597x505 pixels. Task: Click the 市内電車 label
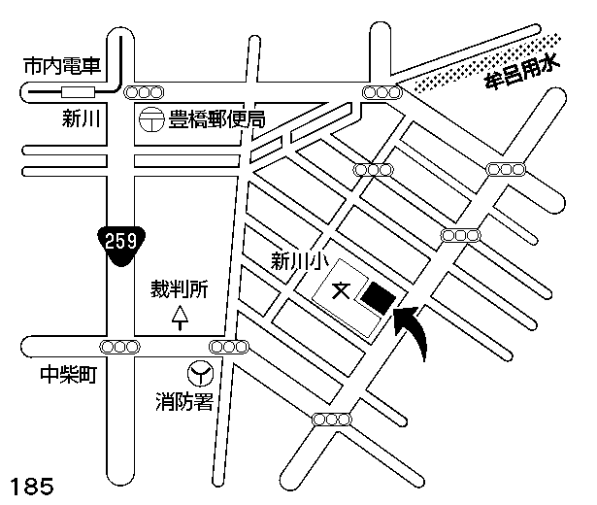(60, 67)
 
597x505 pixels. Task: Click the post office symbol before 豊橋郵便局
(150, 119)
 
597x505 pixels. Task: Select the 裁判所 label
(180, 289)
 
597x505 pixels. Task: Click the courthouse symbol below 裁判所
(180, 318)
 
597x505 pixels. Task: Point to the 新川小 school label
(293, 260)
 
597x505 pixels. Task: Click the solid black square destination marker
(376, 296)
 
